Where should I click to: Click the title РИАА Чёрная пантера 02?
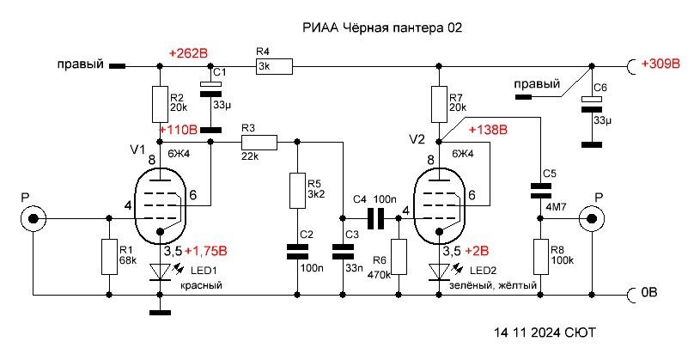click(x=383, y=28)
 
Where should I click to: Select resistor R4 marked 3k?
click(x=274, y=65)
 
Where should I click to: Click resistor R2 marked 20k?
click(x=161, y=103)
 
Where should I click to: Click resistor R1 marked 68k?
click(x=108, y=256)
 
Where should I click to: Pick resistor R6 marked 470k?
click(x=399, y=257)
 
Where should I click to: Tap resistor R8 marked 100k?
click(x=541, y=257)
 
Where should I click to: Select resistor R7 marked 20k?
click(x=438, y=103)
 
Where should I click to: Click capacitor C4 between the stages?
click(x=375, y=219)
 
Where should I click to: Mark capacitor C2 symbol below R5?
click(x=296, y=251)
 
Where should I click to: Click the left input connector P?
click(x=33, y=219)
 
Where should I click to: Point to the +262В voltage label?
click(x=189, y=53)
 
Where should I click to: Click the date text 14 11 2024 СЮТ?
click(x=545, y=332)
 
